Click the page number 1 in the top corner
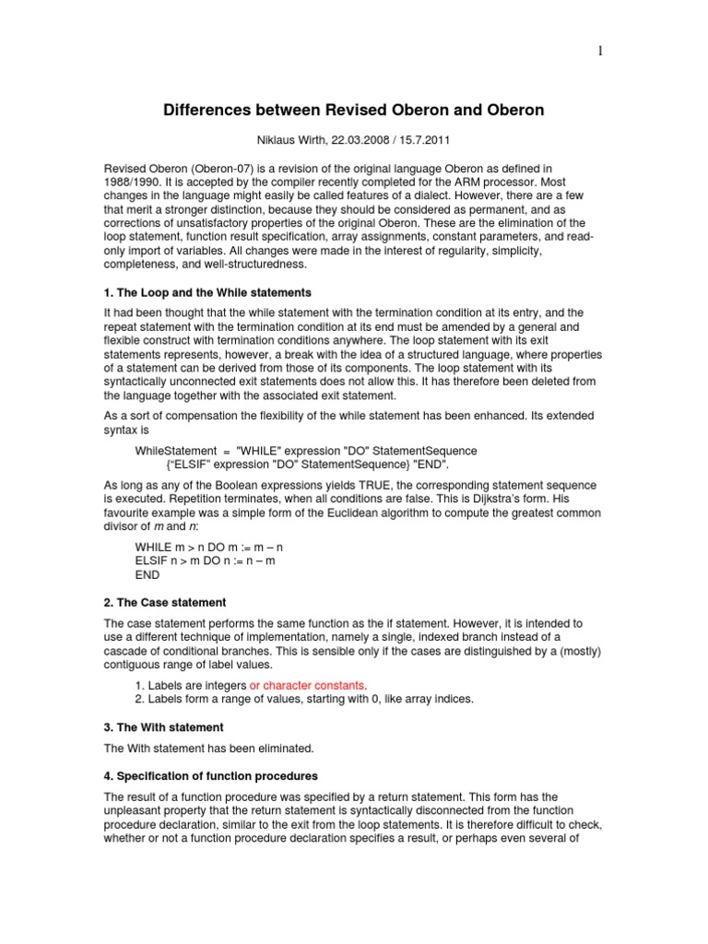(x=601, y=52)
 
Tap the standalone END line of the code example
(x=147, y=573)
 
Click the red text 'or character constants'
(x=308, y=685)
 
